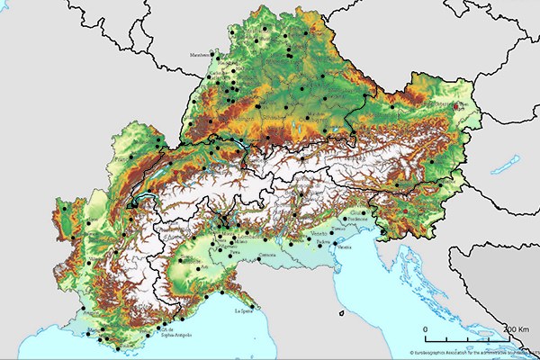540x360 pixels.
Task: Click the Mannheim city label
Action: pyautogui.click(x=199, y=54)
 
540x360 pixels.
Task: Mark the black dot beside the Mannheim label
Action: pyautogui.click(x=217, y=53)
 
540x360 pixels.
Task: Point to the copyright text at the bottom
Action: pyautogui.click(x=468, y=354)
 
